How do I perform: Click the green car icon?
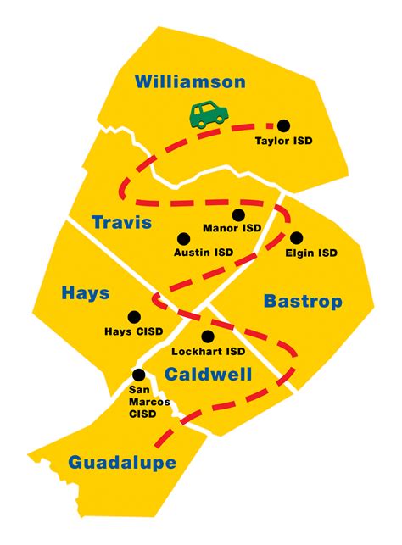(207, 114)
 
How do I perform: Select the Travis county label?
(122, 223)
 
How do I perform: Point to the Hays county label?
(85, 293)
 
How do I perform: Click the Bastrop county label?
(303, 301)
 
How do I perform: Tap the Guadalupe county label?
(123, 462)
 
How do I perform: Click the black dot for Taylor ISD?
(285, 124)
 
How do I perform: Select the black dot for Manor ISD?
(238, 214)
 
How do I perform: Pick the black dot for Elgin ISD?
(296, 238)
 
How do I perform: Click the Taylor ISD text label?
(284, 141)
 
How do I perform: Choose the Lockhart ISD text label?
(208, 351)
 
